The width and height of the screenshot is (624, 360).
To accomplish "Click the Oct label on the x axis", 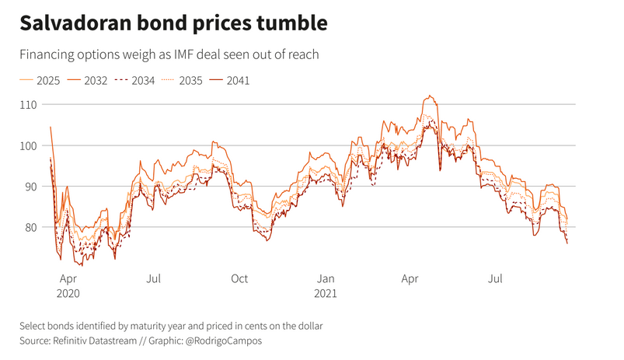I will tap(239, 278).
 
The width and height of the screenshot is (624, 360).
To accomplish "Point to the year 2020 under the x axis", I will tap(69, 295).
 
